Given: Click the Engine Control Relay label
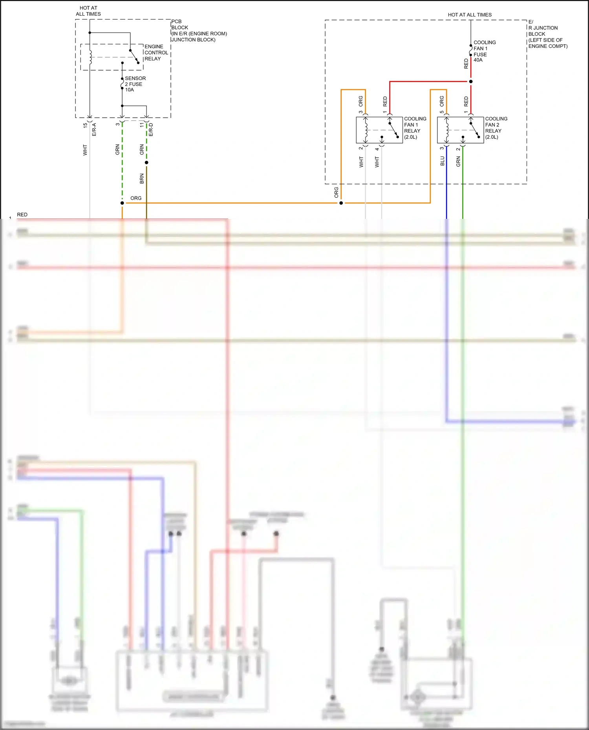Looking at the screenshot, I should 156,53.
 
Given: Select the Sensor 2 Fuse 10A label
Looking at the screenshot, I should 135,84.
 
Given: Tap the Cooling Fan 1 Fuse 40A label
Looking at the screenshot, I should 484,51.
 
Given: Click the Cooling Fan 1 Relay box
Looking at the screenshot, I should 379,130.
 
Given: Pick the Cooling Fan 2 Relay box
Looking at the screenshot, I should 460,130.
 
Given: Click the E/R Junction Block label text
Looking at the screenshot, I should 547,34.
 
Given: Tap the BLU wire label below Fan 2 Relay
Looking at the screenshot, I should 442,161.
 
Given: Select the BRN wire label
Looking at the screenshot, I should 142,179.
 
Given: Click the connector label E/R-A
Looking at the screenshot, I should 94,130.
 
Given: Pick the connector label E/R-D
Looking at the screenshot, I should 151,130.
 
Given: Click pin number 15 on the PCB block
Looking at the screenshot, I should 85,125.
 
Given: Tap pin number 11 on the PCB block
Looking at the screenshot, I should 142,125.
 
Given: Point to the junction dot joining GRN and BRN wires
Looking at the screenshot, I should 146,162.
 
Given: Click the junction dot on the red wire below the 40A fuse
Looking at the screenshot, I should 471,82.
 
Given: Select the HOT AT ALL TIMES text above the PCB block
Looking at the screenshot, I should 88,11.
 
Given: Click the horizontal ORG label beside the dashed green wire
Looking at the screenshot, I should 136,198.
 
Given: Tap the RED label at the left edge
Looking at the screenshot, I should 22,215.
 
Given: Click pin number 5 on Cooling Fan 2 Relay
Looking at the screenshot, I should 442,112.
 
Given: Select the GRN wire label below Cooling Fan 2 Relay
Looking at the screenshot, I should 458,161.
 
